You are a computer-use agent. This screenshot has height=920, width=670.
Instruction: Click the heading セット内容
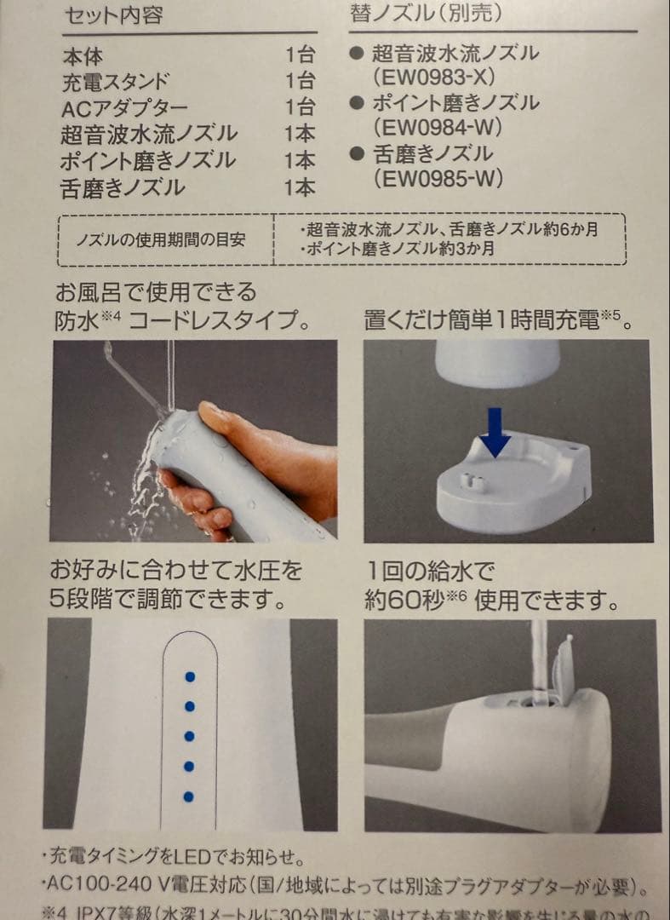click(x=113, y=14)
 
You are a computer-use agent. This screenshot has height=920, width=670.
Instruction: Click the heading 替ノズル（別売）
click(x=426, y=13)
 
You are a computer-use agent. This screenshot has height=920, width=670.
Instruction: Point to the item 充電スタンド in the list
click(x=115, y=83)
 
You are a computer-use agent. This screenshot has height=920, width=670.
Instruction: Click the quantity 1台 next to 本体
click(x=299, y=56)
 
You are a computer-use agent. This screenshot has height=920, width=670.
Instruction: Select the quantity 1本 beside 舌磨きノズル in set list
click(x=299, y=187)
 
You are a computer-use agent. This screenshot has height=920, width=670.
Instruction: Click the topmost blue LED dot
click(x=190, y=676)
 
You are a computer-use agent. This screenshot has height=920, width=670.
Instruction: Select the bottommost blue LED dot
click(x=189, y=796)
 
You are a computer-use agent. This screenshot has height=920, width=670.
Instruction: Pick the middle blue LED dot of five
click(x=189, y=736)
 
